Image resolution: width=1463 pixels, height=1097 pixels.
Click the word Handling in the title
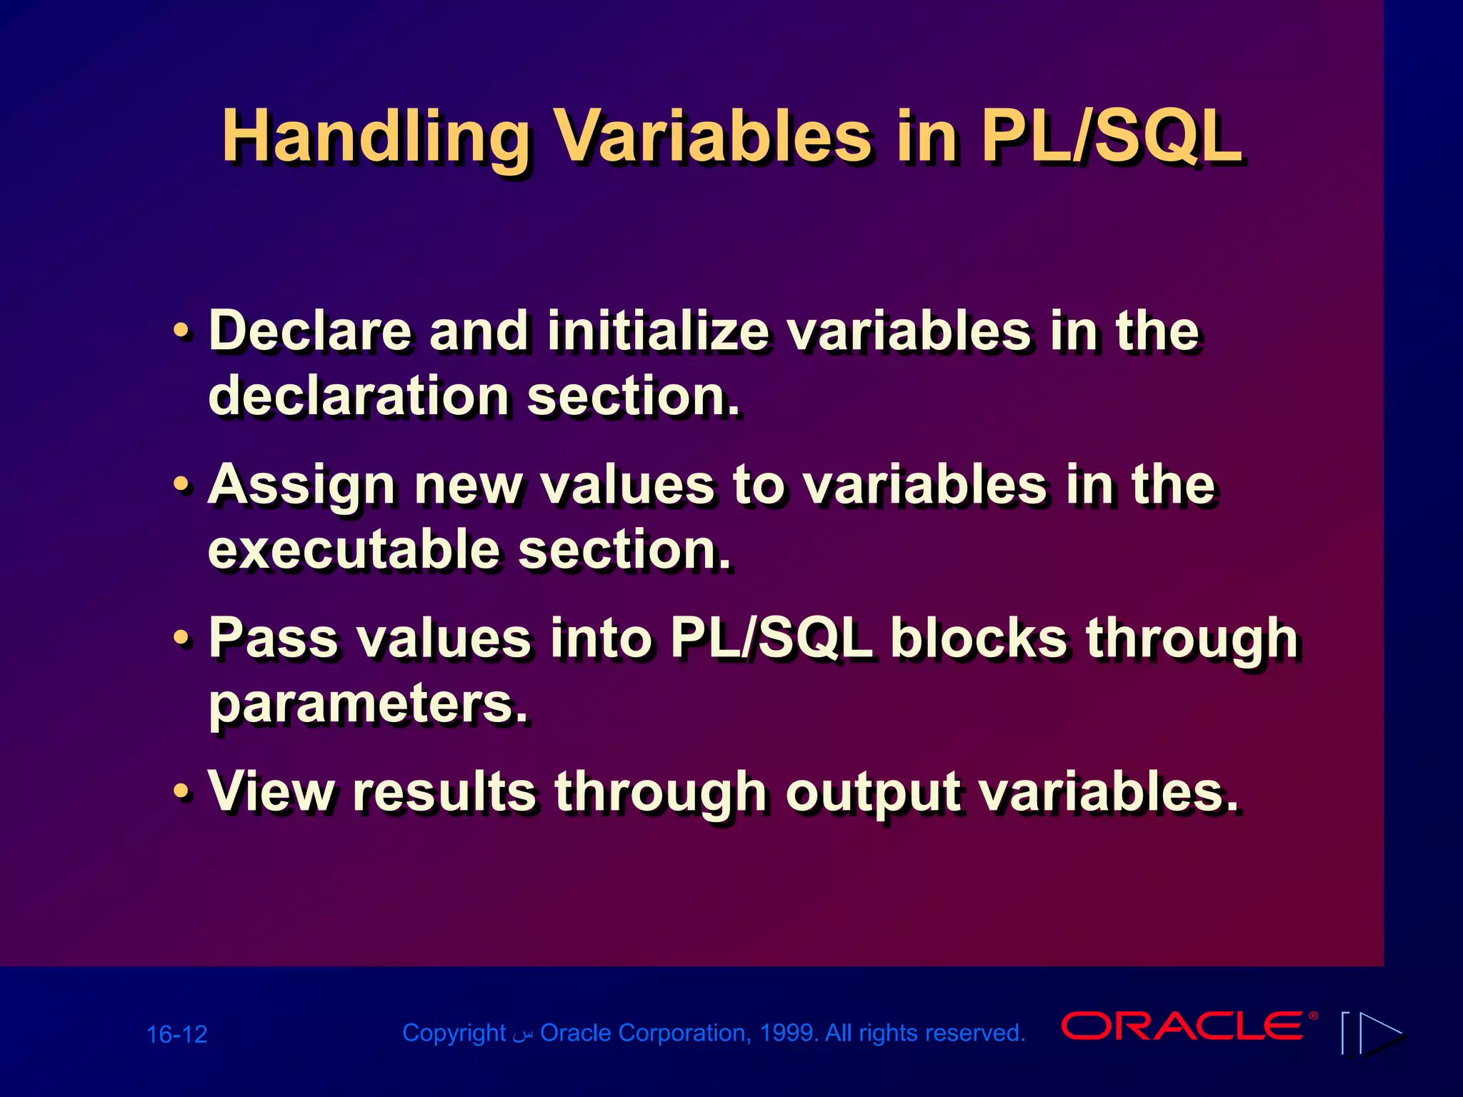click(375, 137)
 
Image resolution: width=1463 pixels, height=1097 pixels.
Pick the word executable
click(354, 550)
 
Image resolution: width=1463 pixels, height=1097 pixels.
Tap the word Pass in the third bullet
click(273, 638)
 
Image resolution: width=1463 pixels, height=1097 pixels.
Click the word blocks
click(979, 638)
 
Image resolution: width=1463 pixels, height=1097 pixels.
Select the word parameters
click(368, 705)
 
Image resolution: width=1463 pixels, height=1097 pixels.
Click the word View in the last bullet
click(271, 791)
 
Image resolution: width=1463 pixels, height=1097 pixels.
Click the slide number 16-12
click(176, 1034)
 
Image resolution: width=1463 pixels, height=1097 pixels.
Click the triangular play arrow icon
click(1380, 1033)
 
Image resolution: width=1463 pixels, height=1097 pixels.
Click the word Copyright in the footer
click(454, 1033)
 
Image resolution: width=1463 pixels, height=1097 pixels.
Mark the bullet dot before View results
click(182, 792)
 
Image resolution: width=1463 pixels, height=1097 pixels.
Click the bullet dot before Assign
click(182, 485)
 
